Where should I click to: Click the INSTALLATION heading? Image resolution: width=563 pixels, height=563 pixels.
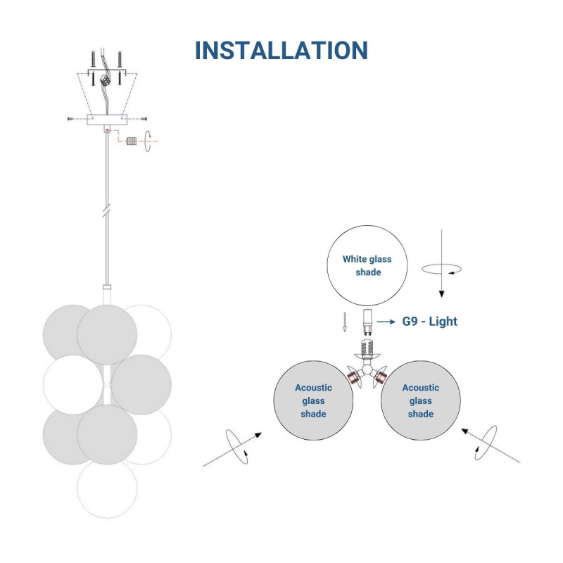[281, 51]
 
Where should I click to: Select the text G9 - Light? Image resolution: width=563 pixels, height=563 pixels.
[429, 322]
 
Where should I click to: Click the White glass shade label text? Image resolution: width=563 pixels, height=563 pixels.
[367, 265]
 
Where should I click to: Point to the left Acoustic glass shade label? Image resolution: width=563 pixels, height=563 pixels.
[313, 400]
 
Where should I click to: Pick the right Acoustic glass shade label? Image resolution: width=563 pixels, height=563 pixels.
[420, 400]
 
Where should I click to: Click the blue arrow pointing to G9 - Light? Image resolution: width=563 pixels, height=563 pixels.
[386, 322]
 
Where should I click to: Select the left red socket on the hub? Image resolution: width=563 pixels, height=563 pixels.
[353, 378]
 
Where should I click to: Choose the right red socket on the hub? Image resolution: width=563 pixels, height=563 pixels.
[380, 378]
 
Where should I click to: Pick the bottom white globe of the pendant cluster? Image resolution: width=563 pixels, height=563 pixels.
[107, 488]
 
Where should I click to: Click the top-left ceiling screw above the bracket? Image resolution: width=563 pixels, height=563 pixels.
[92, 58]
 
